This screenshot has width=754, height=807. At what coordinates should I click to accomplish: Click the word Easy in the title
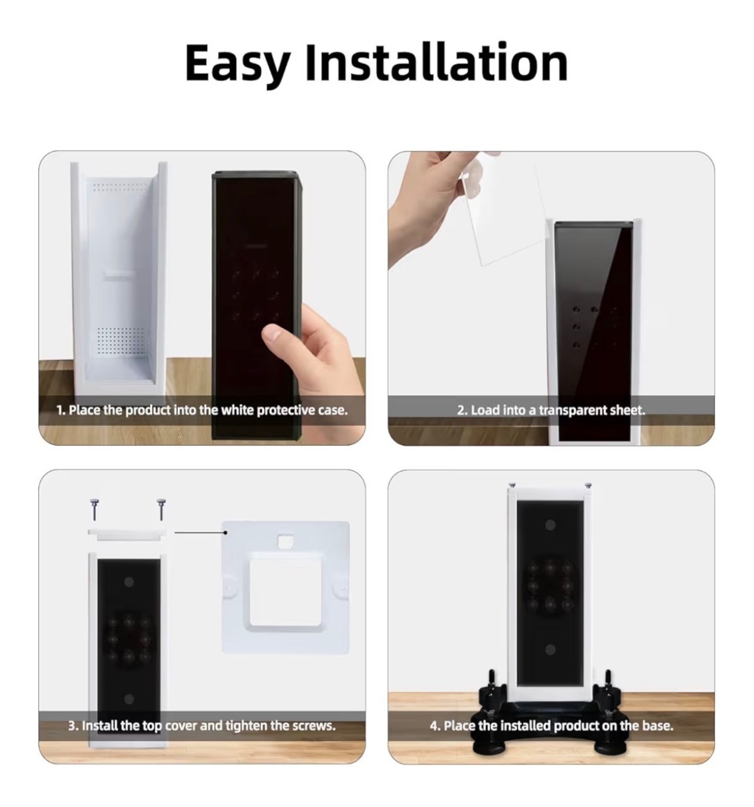coord(237,63)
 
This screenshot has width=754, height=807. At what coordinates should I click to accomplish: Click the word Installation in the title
coord(436,62)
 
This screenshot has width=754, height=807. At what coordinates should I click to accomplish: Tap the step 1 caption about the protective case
coord(202,410)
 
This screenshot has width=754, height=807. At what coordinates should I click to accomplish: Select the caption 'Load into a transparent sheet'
coord(551,410)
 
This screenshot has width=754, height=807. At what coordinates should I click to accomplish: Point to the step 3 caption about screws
coord(202,725)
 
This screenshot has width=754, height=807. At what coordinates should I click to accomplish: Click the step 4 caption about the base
coord(551,725)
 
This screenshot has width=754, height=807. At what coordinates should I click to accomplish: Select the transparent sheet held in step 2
coord(502,211)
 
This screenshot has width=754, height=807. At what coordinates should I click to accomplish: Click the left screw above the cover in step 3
coord(94,510)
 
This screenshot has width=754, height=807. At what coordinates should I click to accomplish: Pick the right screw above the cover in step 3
coord(161,510)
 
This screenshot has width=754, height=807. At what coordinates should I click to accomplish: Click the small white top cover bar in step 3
coord(127,533)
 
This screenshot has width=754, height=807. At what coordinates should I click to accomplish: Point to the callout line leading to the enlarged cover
coord(200,532)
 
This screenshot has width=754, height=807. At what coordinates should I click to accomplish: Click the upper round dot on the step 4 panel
coord(550,525)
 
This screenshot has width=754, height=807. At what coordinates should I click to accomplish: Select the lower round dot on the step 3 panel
coord(129,699)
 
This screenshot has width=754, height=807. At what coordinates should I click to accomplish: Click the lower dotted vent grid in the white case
coord(121,340)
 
